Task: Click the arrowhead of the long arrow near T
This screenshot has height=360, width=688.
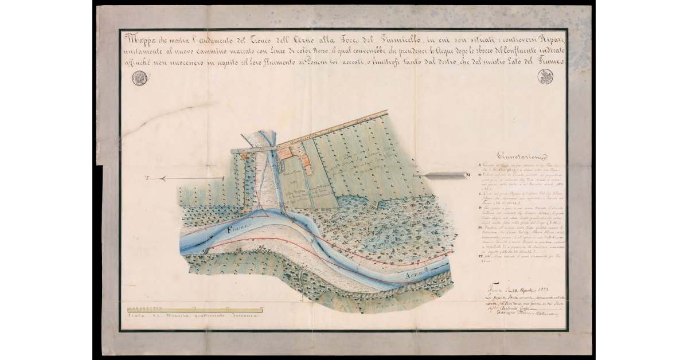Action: click(162, 179)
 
